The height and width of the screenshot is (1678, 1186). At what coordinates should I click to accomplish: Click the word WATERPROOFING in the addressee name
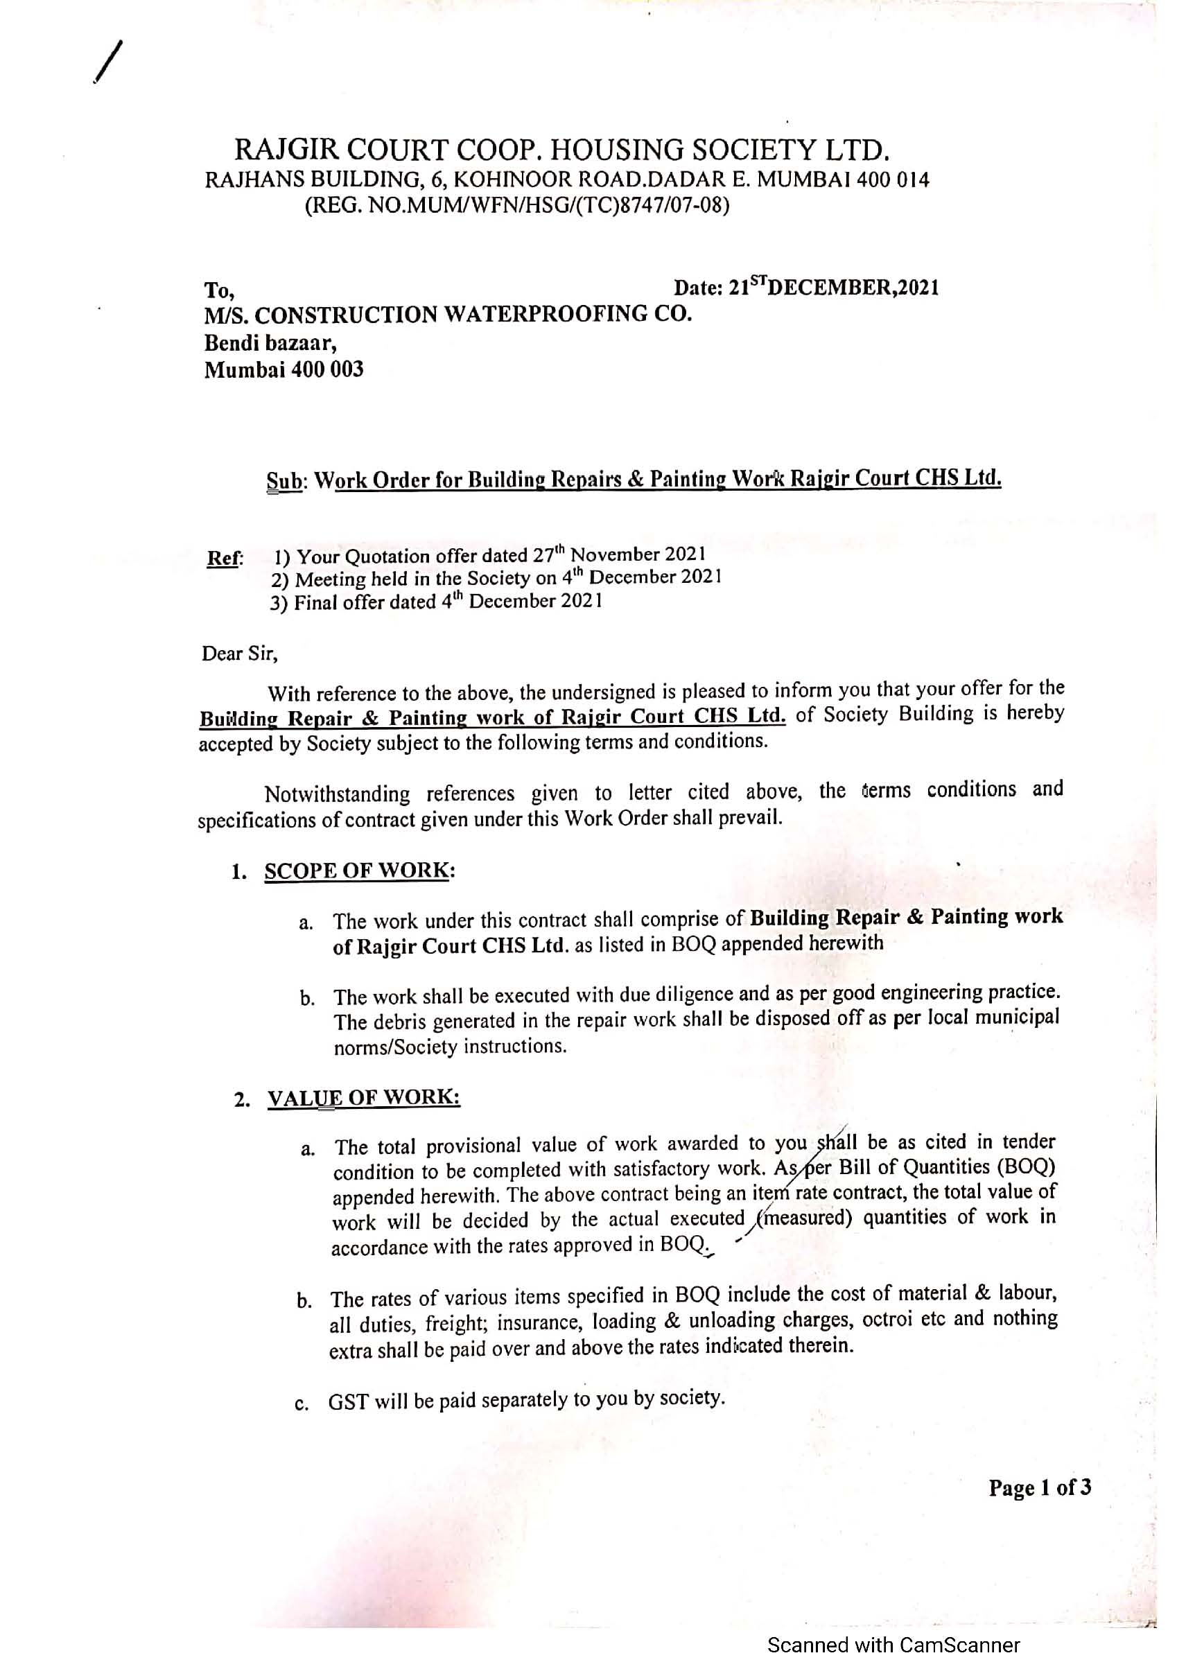pyautogui.click(x=544, y=314)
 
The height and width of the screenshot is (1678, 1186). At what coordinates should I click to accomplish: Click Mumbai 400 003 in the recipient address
pyautogui.click(x=284, y=369)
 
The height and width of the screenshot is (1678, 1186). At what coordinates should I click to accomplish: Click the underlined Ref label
pyautogui.click(x=223, y=559)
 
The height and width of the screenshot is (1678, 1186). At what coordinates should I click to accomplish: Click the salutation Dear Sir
pyautogui.click(x=240, y=653)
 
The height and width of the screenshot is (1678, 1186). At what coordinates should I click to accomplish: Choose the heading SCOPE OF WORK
pyautogui.click(x=356, y=871)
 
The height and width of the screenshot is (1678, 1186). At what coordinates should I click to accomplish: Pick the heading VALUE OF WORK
pyautogui.click(x=363, y=1098)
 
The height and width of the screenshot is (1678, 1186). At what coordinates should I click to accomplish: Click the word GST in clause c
pyautogui.click(x=348, y=1401)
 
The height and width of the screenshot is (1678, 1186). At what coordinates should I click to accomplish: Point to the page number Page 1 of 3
pyautogui.click(x=1040, y=1487)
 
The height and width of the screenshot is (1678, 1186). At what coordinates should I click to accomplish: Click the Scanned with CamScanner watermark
pyautogui.click(x=893, y=1645)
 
